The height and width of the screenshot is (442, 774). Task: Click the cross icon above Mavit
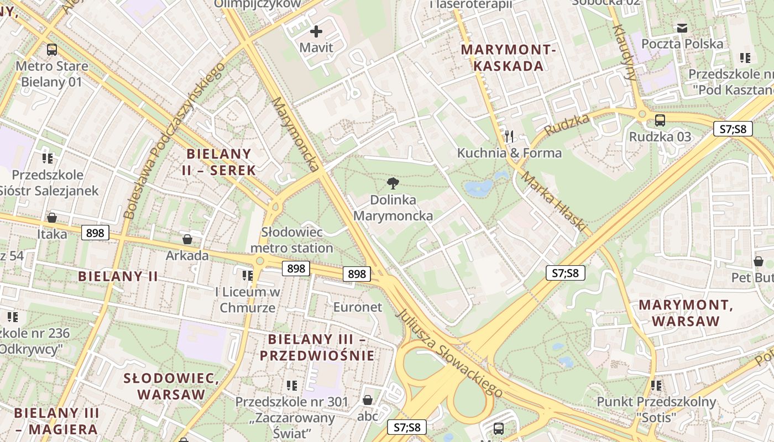pos(316,31)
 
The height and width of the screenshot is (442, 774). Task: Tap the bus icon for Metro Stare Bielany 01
pos(52,50)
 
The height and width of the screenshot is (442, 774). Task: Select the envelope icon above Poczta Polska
pos(682,28)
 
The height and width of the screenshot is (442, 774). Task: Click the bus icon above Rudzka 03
pos(660,120)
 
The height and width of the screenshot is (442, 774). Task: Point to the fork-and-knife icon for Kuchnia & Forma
pos(509,136)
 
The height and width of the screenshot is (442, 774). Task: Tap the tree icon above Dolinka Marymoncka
pos(393,183)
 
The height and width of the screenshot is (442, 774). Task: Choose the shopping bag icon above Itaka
pos(52,218)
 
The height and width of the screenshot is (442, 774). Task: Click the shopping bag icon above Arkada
pos(187,239)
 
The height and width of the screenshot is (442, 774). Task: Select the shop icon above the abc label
pos(368,400)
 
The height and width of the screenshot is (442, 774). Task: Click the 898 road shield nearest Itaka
pos(95,233)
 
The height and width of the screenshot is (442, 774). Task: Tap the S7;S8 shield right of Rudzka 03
pos(733,129)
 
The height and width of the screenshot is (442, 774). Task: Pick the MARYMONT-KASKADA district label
pos(509,58)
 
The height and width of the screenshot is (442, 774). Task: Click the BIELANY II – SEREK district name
pos(219,162)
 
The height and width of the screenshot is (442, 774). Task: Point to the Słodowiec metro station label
pos(292,240)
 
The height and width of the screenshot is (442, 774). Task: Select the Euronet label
pos(357,307)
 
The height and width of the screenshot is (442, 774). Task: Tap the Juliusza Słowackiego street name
pos(449,352)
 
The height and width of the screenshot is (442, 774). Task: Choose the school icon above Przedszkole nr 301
pos(292,385)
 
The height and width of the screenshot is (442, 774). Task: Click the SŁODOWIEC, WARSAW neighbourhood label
pos(171,386)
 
